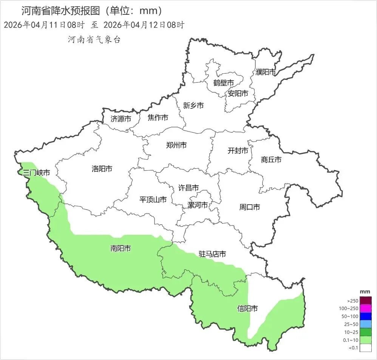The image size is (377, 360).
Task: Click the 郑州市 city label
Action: (x=176, y=145)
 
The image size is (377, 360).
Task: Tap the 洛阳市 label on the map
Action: (x=102, y=169)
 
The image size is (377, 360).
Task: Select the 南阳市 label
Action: (x=121, y=248)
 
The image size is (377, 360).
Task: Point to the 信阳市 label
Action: (x=247, y=309)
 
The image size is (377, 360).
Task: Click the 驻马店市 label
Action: (x=212, y=254)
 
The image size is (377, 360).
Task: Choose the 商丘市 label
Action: (x=271, y=160)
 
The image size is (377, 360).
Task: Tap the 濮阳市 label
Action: (x=266, y=72)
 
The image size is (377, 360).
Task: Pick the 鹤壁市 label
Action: (x=223, y=83)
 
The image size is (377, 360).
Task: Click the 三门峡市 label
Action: (x=36, y=172)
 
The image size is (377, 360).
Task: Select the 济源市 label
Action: (x=121, y=119)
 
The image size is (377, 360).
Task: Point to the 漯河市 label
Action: (x=198, y=205)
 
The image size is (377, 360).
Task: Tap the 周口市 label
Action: (x=249, y=207)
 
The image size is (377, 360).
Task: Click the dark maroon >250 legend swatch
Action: (x=365, y=301)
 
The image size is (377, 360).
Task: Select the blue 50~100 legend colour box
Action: (x=365, y=317)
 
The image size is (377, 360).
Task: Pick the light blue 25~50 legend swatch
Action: (x=365, y=324)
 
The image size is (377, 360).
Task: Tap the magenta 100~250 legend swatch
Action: (x=365, y=309)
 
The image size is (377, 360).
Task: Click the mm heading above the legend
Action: (x=365, y=292)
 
